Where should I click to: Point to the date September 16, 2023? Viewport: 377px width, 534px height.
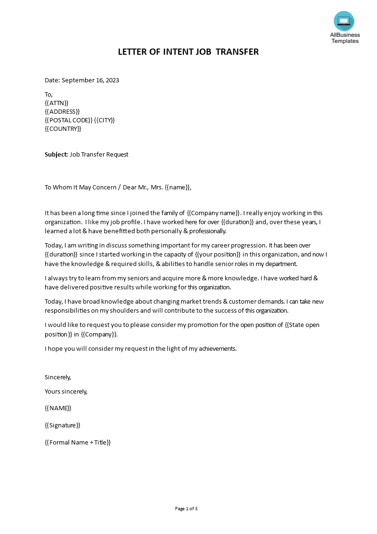point(90,80)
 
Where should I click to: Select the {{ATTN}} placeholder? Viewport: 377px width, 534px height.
point(57,103)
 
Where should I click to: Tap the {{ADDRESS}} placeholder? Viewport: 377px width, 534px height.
point(62,111)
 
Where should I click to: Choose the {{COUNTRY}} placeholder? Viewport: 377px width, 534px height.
point(63,129)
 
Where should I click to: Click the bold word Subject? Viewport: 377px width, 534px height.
point(56,154)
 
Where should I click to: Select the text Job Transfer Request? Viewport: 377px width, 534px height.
point(99,154)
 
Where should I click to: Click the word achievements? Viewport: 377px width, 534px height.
point(217,348)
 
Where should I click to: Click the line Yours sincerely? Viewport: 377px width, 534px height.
point(66,391)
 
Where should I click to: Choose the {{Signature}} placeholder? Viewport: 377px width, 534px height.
point(62,425)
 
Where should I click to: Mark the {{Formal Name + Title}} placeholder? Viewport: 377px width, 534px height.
point(77,442)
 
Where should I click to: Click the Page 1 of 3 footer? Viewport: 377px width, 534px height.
point(186,508)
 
